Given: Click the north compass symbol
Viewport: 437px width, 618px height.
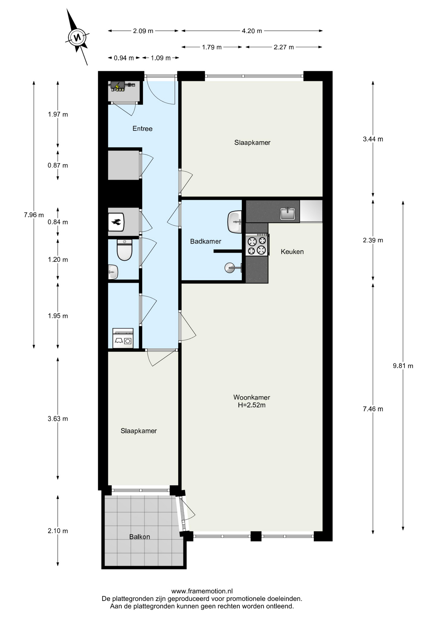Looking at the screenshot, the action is coord(77,37).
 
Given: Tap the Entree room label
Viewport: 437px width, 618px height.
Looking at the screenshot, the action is coord(142,129).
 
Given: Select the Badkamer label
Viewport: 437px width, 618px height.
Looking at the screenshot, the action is coord(206,241).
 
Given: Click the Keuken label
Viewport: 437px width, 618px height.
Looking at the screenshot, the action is coord(292,252).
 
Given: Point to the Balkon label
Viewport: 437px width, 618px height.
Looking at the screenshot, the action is coord(140,537).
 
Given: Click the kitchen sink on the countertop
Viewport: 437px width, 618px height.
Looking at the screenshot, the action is coord(288,213).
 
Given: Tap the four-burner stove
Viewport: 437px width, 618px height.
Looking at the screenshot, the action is coord(257,245).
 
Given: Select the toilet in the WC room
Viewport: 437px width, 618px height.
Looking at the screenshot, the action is coord(125,249).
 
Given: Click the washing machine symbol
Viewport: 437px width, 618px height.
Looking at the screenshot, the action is coord(123,338).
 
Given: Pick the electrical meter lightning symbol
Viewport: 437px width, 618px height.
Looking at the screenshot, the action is coord(117,86).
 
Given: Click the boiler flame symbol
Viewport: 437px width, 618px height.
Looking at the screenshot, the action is coord(116,222).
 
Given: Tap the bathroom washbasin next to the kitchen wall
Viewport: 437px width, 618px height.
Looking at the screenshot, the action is coord(235,222).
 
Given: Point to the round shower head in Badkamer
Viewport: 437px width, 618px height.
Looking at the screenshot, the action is coord(230,267).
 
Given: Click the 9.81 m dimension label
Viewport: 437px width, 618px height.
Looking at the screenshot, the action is coord(403,366).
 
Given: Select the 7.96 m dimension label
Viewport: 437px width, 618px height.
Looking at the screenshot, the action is coord(34,215).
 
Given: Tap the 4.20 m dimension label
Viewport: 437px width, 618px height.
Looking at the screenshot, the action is coord(252,31).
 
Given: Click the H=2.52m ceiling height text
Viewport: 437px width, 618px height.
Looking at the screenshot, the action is coord(252,405).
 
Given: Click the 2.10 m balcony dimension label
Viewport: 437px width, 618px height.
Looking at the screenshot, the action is coord(58,531).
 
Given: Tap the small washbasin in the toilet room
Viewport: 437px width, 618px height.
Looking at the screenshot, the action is coord(113,272).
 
